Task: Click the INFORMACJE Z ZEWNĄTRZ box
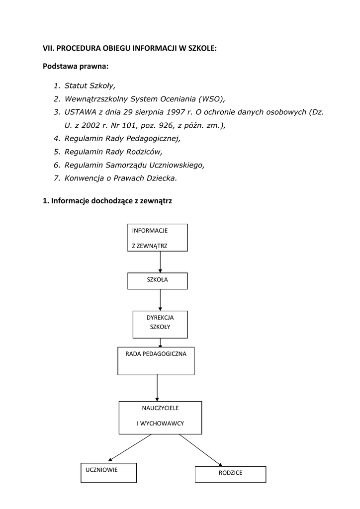158,238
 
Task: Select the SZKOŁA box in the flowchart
158,281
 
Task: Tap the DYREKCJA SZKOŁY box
160,324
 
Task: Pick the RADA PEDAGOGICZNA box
156,361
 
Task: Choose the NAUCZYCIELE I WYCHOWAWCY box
160,418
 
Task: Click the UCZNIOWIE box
108,472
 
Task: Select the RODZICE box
230,474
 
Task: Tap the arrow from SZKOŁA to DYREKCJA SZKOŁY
160,300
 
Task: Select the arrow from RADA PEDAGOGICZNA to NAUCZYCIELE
157,388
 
